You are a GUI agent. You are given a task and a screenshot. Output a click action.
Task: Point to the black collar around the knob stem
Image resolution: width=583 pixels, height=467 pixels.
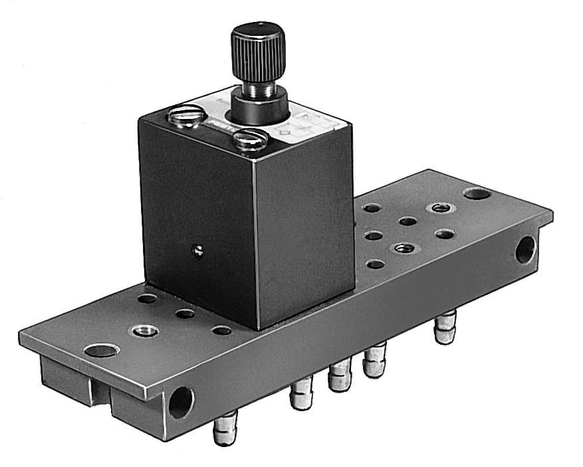click(x=260, y=106)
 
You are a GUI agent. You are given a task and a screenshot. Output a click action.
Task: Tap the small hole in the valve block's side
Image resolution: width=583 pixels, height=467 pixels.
click(x=196, y=250)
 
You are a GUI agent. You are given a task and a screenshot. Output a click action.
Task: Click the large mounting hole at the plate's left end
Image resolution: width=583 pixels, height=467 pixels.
click(x=101, y=350)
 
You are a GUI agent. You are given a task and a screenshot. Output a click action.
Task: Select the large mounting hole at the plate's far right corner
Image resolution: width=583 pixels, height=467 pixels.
click(x=477, y=193)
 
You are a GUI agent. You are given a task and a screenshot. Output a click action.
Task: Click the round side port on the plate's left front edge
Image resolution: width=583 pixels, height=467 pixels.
click(x=180, y=403)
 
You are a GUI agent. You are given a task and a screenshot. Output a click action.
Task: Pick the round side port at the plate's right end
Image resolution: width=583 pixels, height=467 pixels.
click(x=525, y=250)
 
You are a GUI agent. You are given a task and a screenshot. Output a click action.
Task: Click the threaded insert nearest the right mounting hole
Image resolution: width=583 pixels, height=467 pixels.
click(x=439, y=209)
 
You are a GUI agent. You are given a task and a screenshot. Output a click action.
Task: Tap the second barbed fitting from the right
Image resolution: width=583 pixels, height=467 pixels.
click(x=375, y=360)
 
